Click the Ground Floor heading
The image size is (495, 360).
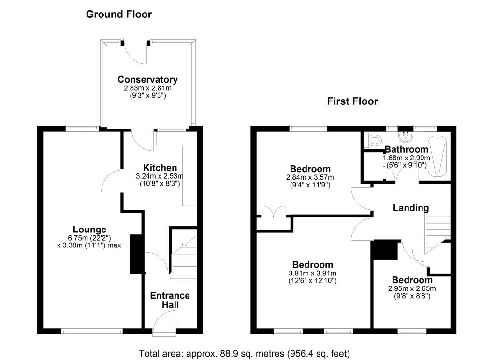pyautogui.click(x=118, y=14)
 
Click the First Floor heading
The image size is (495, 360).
pyautogui.click(x=352, y=101)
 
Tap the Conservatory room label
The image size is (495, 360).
pyautogui.click(x=147, y=79)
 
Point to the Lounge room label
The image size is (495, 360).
pyautogui.click(x=89, y=229)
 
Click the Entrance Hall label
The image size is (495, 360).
pyautogui.click(x=170, y=300)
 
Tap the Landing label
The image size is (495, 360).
pyautogui.click(x=410, y=208)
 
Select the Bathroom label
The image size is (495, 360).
pyautogui.click(x=406, y=149)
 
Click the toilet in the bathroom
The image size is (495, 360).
pyautogui.click(x=373, y=141)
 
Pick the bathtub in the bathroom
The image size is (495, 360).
pyautogui.click(x=439, y=155)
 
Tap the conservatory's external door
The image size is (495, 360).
pyautogui.click(x=134, y=51)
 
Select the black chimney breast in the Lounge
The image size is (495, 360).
pyautogui.click(x=137, y=255)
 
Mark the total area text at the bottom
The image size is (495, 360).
pyautogui.click(x=244, y=353)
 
